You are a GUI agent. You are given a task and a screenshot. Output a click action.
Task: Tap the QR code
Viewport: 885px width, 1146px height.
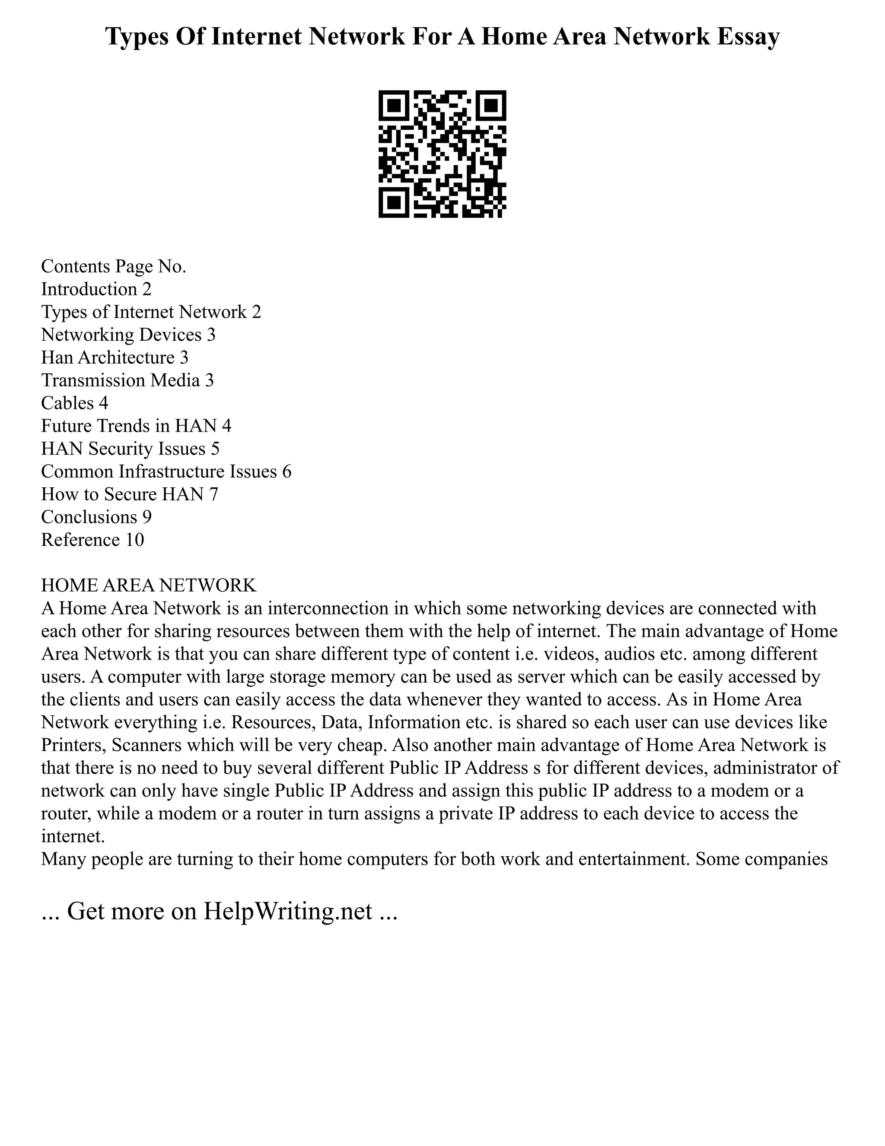coord(442,154)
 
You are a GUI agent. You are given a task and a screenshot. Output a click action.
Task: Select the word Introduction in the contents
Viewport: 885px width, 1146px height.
coord(89,289)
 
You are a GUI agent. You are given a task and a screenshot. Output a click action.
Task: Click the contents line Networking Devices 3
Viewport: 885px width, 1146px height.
coord(128,335)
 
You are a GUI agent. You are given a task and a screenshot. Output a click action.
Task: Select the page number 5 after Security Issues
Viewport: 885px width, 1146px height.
coord(215,448)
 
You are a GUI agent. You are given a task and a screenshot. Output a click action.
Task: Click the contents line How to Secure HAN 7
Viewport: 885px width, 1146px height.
coord(129,494)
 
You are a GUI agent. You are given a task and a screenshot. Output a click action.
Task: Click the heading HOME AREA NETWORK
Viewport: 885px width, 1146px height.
coord(148,585)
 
